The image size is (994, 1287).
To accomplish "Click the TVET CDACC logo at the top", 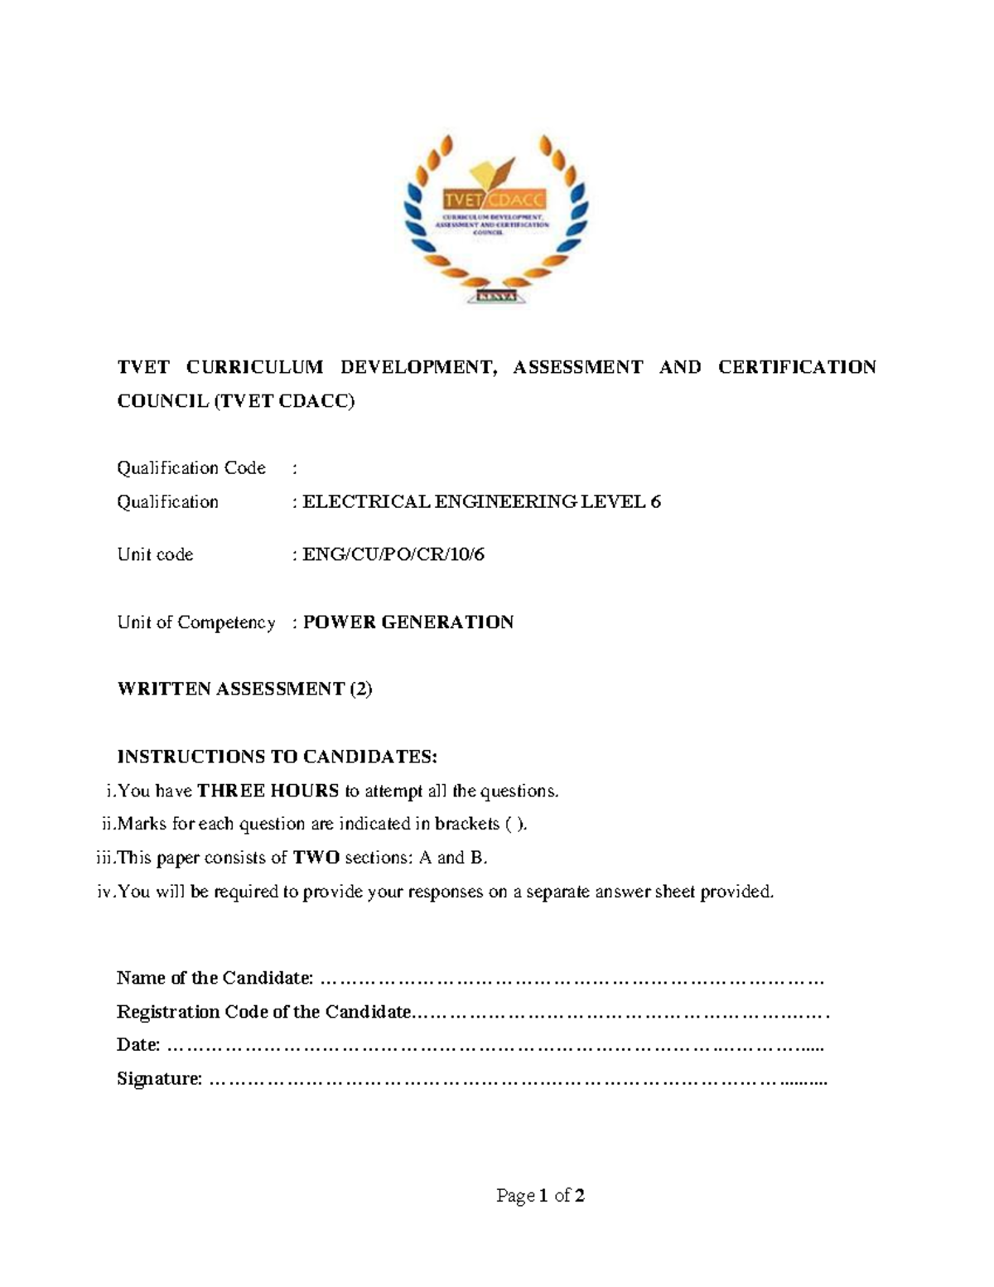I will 496,217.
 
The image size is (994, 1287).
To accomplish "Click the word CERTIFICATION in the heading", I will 796,367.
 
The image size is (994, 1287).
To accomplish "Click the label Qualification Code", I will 191,468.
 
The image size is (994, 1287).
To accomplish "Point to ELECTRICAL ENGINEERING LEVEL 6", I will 481,502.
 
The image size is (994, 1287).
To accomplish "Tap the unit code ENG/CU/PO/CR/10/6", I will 393,554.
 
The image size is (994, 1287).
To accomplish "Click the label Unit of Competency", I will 196,622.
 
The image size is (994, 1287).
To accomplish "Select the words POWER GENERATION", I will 408,622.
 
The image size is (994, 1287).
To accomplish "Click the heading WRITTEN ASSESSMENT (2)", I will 245,689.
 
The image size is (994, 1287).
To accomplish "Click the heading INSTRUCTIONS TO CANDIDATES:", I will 277,757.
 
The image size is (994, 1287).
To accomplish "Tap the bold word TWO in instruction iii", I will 316,858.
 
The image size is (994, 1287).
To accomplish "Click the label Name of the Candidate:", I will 215,978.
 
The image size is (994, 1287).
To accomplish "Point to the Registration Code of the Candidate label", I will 263,1012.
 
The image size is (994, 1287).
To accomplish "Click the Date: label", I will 138,1045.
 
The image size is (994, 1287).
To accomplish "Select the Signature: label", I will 160,1079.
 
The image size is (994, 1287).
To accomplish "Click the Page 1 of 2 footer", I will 540,1196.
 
